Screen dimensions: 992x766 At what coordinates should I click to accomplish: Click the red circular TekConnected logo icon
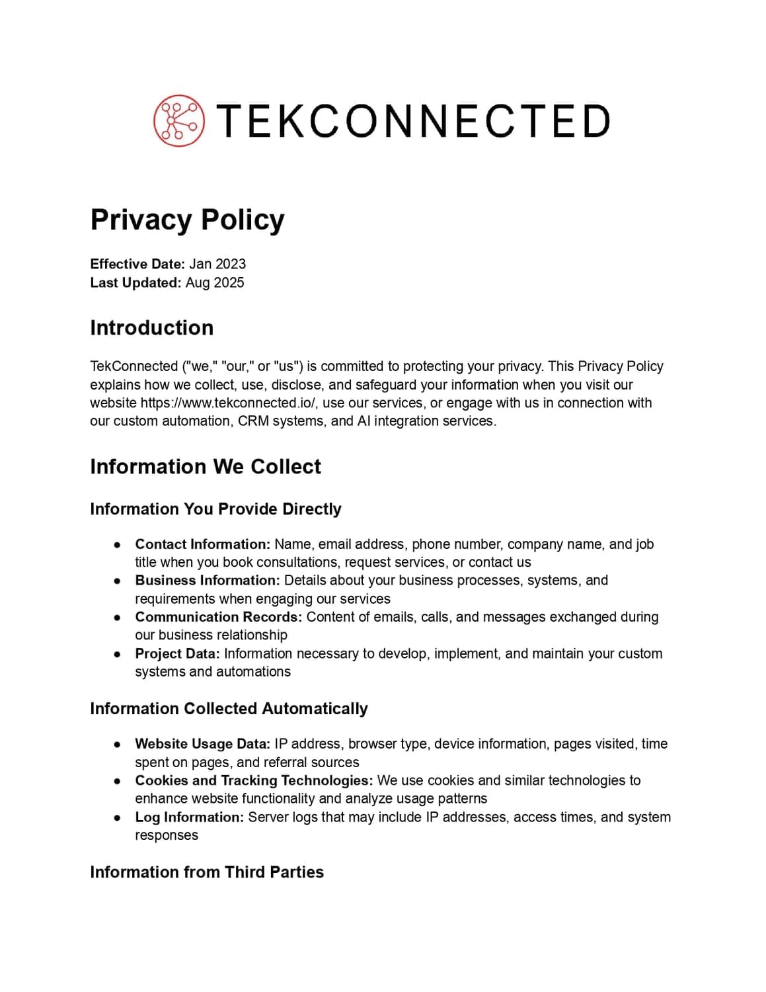[x=179, y=120]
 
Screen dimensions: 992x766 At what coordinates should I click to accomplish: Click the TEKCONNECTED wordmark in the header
[x=412, y=121]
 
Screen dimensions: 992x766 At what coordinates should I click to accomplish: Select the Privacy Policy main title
[x=187, y=220]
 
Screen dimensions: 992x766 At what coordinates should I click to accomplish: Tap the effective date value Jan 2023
[x=217, y=264]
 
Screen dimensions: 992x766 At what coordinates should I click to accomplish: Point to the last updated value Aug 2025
[x=215, y=282]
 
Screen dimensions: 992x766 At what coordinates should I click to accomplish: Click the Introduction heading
[x=152, y=328]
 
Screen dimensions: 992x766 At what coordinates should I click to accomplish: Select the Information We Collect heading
[x=206, y=467]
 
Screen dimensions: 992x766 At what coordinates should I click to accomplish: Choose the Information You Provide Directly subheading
[x=215, y=509]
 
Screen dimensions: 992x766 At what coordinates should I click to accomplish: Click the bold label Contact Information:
[x=202, y=544]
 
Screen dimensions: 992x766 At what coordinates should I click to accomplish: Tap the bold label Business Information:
[x=207, y=581]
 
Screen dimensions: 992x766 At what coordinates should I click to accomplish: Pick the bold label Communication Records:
[x=218, y=617]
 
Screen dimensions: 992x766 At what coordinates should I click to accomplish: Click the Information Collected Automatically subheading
[x=229, y=709]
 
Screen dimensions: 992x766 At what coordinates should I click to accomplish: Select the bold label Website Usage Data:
[x=202, y=744]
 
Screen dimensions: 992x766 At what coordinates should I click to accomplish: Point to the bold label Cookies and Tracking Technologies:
[x=254, y=780]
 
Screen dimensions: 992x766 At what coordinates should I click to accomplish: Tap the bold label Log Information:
[x=190, y=817]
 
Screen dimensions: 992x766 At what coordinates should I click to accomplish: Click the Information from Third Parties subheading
[x=207, y=872]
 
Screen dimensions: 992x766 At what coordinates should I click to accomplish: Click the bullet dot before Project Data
[x=117, y=654]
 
